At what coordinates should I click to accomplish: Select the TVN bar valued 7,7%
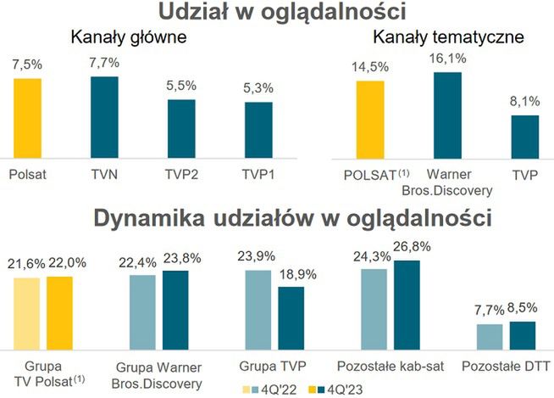(x=105, y=116)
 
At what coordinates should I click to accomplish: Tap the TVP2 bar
(x=180, y=128)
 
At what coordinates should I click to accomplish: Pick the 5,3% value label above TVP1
(x=259, y=86)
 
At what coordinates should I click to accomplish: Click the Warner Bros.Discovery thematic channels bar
(x=447, y=115)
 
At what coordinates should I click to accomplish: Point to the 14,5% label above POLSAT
(x=370, y=65)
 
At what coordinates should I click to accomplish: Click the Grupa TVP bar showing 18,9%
(x=291, y=317)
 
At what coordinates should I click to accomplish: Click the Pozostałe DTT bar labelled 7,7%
(x=489, y=335)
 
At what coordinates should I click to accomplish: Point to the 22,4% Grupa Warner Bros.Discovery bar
(x=142, y=311)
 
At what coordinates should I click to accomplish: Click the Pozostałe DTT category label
(x=507, y=366)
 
